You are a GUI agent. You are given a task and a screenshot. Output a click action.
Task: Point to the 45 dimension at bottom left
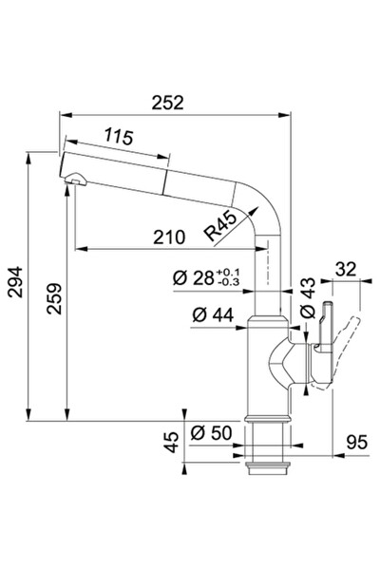171,441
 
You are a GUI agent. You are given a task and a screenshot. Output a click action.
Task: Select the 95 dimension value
357,441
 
